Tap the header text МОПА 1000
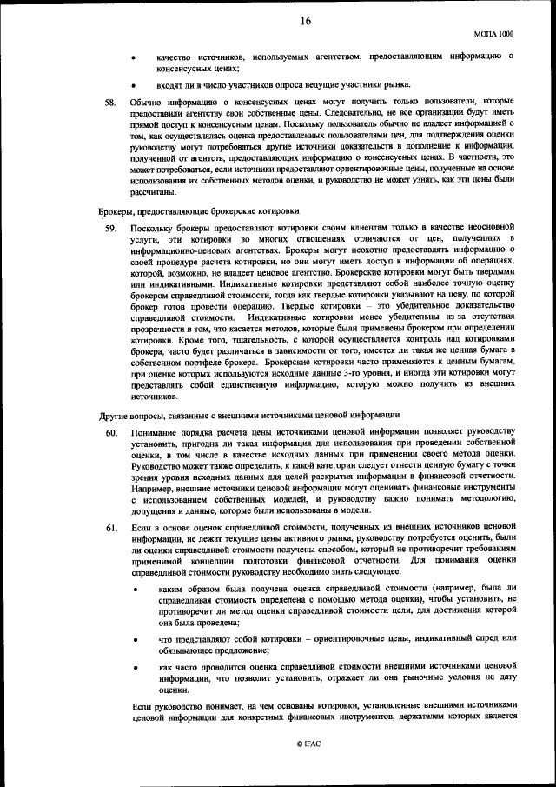coord(494,33)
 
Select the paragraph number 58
coord(110,102)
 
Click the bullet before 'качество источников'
coord(133,57)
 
